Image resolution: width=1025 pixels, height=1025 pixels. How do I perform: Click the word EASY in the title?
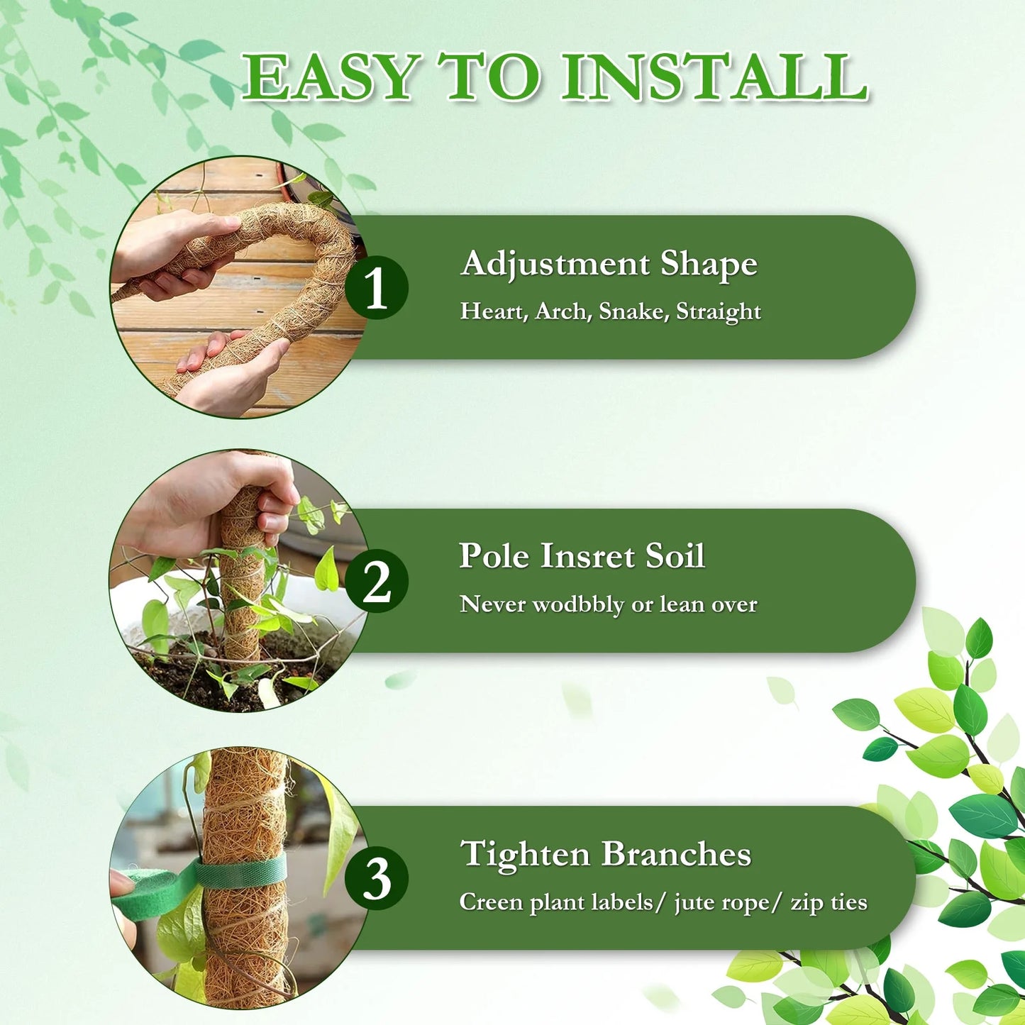click(x=328, y=77)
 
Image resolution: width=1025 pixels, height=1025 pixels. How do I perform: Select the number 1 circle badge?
click(x=376, y=288)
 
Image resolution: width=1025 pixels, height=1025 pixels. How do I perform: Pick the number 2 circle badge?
click(x=376, y=581)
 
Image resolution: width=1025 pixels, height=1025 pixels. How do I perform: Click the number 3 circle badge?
click(x=376, y=879)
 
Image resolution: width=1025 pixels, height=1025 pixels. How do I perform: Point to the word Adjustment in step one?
click(x=555, y=265)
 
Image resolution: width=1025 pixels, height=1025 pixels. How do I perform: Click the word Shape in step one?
click(x=709, y=265)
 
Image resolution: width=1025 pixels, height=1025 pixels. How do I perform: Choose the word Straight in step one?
click(x=718, y=312)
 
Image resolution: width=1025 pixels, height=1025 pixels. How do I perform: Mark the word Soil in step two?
click(x=675, y=556)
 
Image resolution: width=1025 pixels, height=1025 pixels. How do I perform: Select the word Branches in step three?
click(x=676, y=854)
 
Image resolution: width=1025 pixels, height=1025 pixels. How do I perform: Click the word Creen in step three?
click(x=491, y=903)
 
